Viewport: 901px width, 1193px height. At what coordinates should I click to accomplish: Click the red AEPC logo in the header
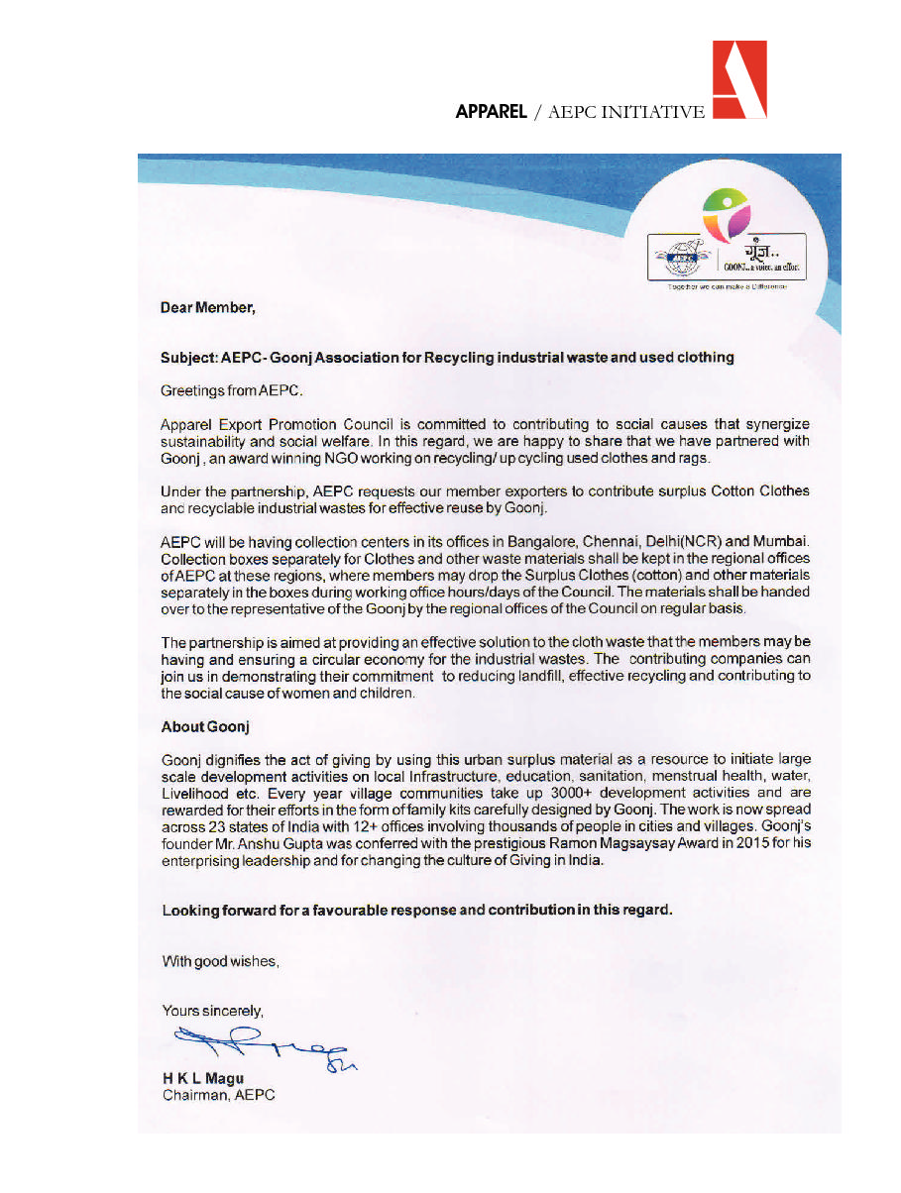[739, 80]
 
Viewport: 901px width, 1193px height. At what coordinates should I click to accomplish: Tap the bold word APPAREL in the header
[491, 113]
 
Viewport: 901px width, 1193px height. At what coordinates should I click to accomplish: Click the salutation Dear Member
[208, 308]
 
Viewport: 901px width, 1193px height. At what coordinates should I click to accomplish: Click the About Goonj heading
[205, 727]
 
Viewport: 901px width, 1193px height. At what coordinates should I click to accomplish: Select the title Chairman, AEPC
[218, 1095]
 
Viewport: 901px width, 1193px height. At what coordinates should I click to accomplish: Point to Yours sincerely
[212, 1012]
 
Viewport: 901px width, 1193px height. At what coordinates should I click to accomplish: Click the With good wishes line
[220, 961]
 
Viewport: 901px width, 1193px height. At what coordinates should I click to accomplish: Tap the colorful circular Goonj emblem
[727, 213]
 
